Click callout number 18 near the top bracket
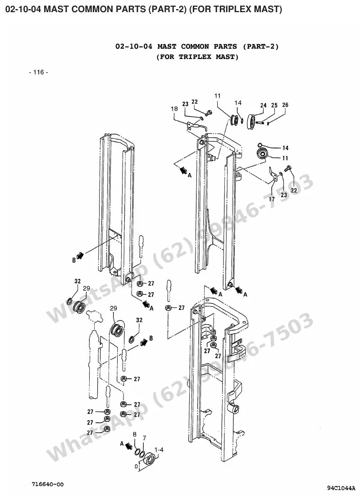(174, 109)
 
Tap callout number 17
(272, 199)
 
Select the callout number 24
(264, 105)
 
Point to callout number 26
(285, 104)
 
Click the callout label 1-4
(159, 450)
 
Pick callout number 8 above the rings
(135, 434)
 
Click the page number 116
(39, 73)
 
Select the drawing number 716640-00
(47, 484)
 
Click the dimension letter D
(136, 466)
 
